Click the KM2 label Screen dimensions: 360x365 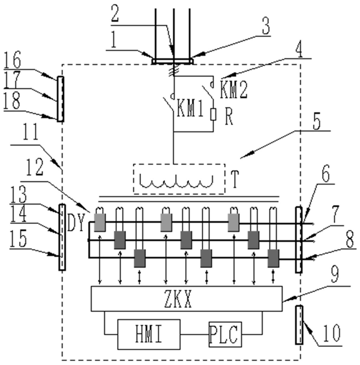tap(233, 90)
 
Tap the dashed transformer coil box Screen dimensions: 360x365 tap(179, 179)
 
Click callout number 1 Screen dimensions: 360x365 tap(113, 41)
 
